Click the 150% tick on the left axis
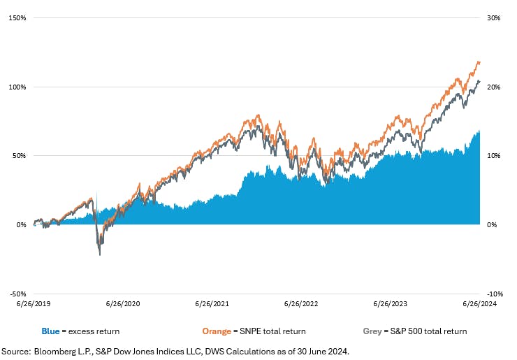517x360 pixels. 17,17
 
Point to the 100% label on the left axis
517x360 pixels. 17,87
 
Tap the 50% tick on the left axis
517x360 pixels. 18,156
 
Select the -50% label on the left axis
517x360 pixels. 17,294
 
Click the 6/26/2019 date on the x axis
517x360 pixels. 33,304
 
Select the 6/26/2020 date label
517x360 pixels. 123,304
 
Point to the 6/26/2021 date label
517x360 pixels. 212,304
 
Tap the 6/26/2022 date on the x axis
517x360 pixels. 301,304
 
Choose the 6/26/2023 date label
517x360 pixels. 391,304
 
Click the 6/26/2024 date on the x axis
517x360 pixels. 479,304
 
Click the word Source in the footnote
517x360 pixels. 16,351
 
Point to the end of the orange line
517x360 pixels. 480,62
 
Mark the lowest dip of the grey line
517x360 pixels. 99,254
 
